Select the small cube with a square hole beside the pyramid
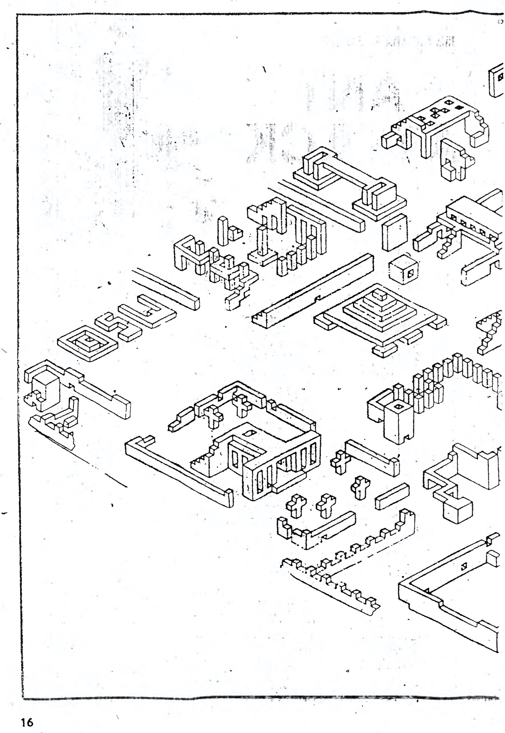pos(403,270)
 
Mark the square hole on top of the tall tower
pos(399,407)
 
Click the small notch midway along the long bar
pos(317,298)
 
